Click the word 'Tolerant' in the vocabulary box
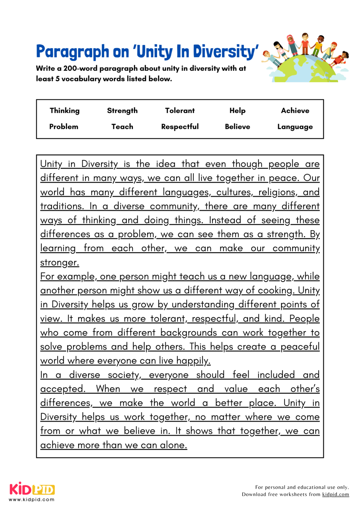coord(180,111)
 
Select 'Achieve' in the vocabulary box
coord(295,111)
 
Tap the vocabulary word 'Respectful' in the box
coord(180,127)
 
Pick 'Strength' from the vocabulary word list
coord(122,111)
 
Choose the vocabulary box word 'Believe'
coord(237,127)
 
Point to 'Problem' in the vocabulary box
coord(64,127)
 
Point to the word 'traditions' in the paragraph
coord(61,206)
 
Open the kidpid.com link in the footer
coord(335,494)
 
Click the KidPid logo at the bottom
coord(32,489)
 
